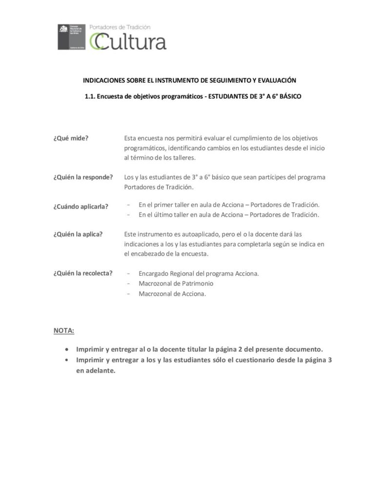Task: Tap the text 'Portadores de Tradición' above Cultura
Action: pyautogui.click(x=120, y=28)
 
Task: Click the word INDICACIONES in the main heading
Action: pyautogui.click(x=104, y=80)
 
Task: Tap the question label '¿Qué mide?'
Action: pyautogui.click(x=71, y=138)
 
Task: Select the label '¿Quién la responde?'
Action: pyautogui.click(x=83, y=177)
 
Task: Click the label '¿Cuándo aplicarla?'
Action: pyautogui.click(x=81, y=206)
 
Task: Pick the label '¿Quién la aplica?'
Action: pyautogui.click(x=78, y=234)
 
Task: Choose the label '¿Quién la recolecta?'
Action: pyautogui.click(x=83, y=273)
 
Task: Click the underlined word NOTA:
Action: pyautogui.click(x=64, y=331)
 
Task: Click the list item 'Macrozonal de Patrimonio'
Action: pyautogui.click(x=176, y=283)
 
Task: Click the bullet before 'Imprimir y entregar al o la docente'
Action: pyautogui.click(x=66, y=349)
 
